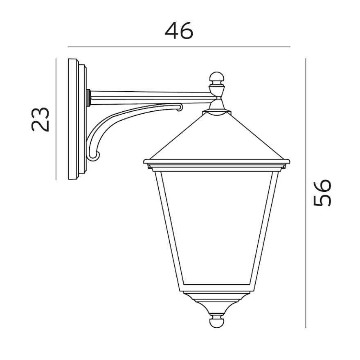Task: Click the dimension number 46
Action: point(179,31)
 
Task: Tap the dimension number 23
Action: point(40,119)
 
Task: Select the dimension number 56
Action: point(322,193)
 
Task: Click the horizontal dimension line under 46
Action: point(179,47)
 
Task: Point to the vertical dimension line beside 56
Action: point(306,193)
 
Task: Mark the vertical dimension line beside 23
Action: point(56,119)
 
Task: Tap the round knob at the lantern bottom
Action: point(216,321)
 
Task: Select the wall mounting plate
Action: point(77,119)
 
